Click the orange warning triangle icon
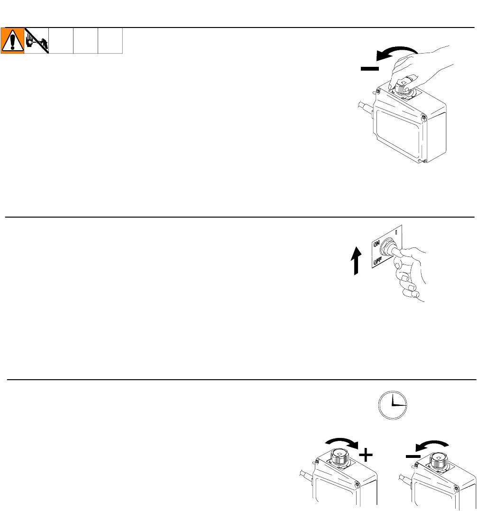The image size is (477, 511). tap(13, 41)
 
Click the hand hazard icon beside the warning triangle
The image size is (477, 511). tap(37, 41)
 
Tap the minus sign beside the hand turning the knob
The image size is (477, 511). tap(369, 69)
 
